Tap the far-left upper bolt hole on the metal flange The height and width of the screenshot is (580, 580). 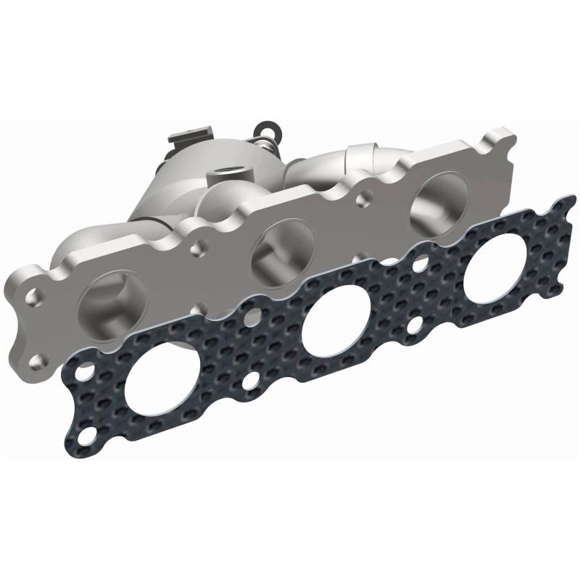[x=33, y=297]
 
